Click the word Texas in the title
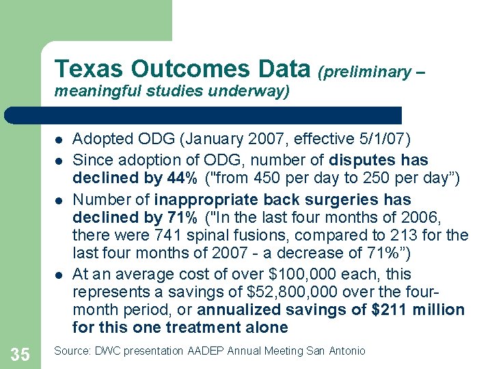pos(90,69)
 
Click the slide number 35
pos(20,354)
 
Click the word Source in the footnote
pos(70,351)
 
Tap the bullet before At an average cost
pos(59,275)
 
